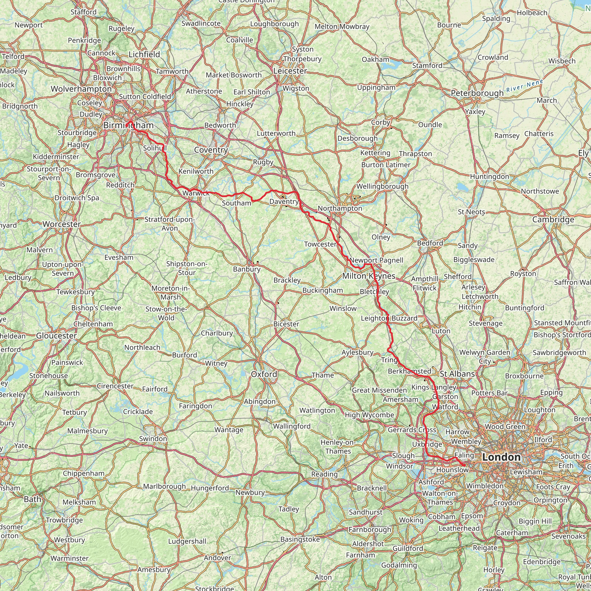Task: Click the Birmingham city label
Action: pyautogui.click(x=128, y=126)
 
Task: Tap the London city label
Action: pyautogui.click(x=501, y=457)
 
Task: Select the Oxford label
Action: pyautogui.click(x=264, y=374)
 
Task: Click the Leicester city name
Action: pyautogui.click(x=290, y=71)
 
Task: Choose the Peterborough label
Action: pyautogui.click(x=477, y=93)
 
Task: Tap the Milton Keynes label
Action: pyautogui.click(x=369, y=276)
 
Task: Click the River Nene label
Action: pyautogui.click(x=525, y=86)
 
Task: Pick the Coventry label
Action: pyautogui.click(x=211, y=150)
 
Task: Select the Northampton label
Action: pyautogui.click(x=340, y=208)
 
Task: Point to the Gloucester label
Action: pyautogui.click(x=57, y=336)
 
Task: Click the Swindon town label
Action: pyautogui.click(x=153, y=439)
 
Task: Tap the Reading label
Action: pyautogui.click(x=324, y=474)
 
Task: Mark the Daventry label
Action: pyautogui.click(x=284, y=202)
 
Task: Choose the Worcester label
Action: pyautogui.click(x=62, y=224)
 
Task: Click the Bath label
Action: pyautogui.click(x=32, y=499)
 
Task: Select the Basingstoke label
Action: pyautogui.click(x=300, y=539)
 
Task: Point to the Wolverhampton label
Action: pyautogui.click(x=81, y=89)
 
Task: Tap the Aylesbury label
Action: pyautogui.click(x=357, y=353)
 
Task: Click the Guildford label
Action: pyautogui.click(x=408, y=549)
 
